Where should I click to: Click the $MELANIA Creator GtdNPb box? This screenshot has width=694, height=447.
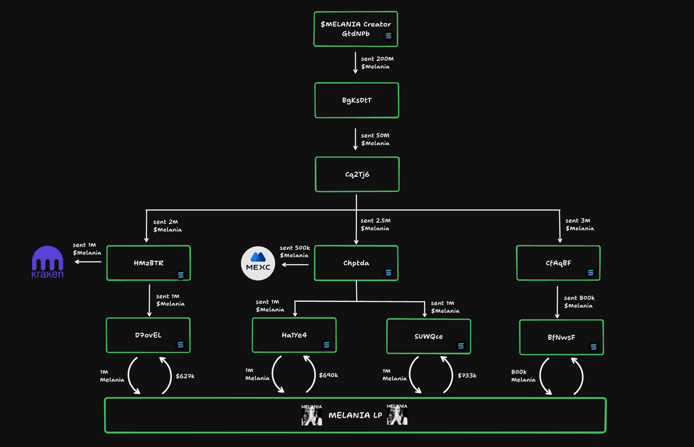tap(356, 29)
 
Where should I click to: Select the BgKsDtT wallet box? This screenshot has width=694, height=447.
tap(356, 101)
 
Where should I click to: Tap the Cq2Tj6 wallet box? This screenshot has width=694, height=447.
tap(356, 174)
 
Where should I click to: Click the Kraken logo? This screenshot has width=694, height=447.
tap(47, 263)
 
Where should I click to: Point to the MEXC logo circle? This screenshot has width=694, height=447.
tap(258, 264)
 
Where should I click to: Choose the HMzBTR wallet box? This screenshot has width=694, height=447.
tap(149, 263)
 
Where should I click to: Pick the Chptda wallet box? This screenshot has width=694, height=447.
tap(356, 263)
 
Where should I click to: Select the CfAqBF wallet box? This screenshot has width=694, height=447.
tap(558, 263)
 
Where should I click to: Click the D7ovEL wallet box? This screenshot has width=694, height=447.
tap(149, 335)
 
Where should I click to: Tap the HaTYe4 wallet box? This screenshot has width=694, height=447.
tap(294, 335)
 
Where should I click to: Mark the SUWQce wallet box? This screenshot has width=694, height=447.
tap(429, 336)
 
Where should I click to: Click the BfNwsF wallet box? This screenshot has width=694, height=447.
tap(561, 337)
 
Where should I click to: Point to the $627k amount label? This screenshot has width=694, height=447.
tap(185, 375)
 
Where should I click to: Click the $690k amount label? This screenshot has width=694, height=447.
tap(328, 375)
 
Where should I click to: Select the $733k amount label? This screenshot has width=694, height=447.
tap(467, 375)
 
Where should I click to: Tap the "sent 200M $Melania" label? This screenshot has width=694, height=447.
tap(378, 62)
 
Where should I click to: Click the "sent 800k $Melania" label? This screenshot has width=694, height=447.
tap(579, 301)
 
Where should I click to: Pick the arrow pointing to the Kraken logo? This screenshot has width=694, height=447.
tap(88, 262)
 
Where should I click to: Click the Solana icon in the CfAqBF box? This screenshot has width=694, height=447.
tap(590, 272)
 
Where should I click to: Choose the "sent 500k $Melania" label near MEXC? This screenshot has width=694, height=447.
tap(295, 252)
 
